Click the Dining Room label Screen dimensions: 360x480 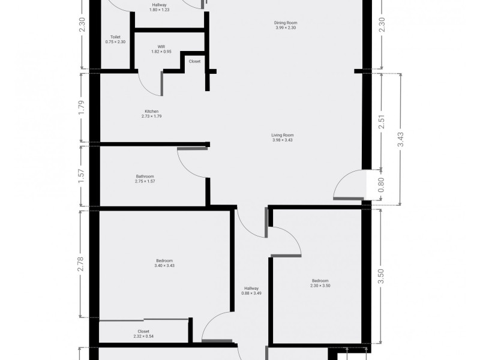point(286,25)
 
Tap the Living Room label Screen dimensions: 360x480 point(282,137)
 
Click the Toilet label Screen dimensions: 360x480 point(115,39)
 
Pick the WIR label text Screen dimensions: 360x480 point(161,49)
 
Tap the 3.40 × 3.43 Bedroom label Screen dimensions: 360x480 point(164,263)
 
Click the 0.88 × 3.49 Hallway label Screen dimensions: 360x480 point(251,290)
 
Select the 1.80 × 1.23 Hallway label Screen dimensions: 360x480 point(159,7)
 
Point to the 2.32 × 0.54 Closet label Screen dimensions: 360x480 point(143,334)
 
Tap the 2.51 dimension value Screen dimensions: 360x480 point(382,121)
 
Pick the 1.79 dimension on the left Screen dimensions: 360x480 point(82,107)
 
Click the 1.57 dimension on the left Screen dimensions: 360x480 point(82,175)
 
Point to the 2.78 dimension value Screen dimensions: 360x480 point(82,264)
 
